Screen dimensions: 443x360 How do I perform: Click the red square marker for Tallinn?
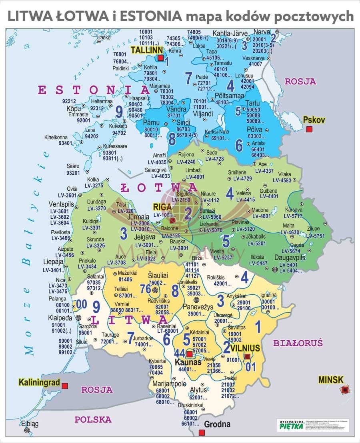[160, 58]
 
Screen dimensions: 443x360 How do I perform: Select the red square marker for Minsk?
[344, 389]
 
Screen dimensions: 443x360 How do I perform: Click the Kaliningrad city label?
[39, 383]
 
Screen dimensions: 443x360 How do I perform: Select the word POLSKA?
[93, 419]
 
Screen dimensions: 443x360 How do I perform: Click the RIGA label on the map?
[162, 207]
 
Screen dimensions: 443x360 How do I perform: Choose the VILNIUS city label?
[245, 347]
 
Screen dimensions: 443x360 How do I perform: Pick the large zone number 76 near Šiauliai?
[146, 289]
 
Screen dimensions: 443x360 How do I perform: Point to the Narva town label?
[262, 32]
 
